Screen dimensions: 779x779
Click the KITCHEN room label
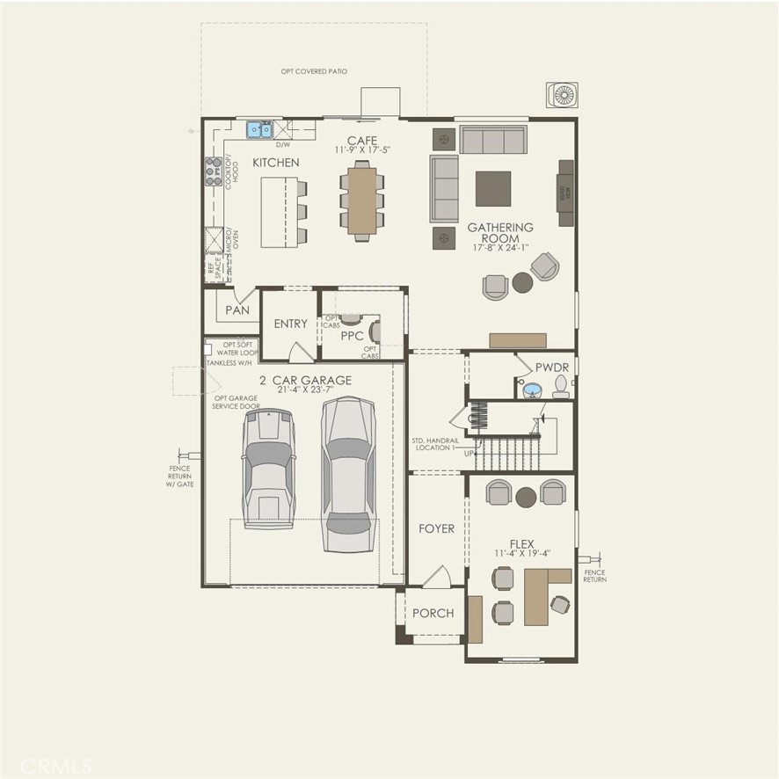276,163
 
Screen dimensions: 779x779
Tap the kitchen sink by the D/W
258,130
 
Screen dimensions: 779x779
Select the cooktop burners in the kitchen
213,170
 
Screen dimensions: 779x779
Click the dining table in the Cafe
361,200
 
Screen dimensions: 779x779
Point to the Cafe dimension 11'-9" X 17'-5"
361,150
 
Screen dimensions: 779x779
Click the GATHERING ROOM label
500,233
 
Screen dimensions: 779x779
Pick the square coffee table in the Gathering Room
492,188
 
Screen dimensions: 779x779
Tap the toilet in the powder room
560,384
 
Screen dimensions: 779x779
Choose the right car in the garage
348,475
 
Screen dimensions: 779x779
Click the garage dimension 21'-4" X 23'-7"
293,391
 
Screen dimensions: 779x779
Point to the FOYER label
437,528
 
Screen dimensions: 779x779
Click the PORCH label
433,613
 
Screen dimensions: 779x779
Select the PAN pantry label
237,310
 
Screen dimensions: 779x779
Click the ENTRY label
290,324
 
